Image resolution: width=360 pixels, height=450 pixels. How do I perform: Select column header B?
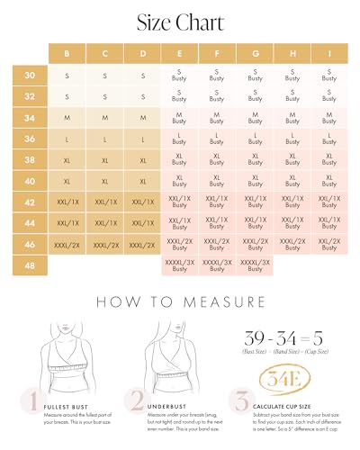point(67,52)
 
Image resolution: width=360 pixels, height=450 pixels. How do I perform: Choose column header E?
point(178,52)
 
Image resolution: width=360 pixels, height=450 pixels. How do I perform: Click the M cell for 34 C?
point(105,118)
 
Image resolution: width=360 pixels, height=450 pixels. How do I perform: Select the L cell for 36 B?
point(67,139)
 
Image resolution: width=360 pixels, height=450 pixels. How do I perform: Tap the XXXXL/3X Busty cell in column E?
point(178,265)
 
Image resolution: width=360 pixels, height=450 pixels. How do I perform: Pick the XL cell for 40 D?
point(142,181)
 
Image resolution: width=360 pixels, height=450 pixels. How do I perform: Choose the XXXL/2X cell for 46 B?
point(67,245)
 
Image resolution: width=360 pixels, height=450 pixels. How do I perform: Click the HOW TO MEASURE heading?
point(180,301)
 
